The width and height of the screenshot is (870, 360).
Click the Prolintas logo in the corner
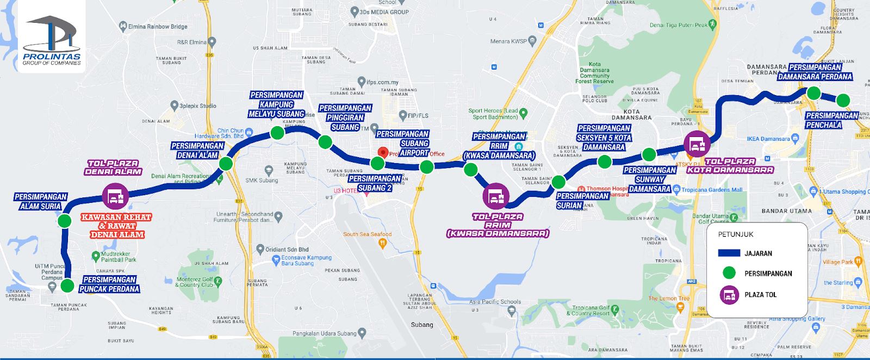click(x=52, y=41)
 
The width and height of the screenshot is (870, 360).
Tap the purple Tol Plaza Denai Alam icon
click(x=115, y=196)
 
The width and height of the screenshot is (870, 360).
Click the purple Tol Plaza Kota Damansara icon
click(x=697, y=144)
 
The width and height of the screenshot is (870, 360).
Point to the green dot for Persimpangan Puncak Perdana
click(x=67, y=285)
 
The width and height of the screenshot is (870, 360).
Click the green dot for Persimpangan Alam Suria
click(x=64, y=221)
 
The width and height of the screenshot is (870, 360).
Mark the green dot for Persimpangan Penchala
click(x=843, y=100)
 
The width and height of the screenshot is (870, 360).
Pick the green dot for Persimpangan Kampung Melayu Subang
click(x=277, y=133)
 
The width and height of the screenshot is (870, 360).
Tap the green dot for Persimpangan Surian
click(x=558, y=182)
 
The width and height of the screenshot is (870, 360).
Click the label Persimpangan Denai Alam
click(x=197, y=151)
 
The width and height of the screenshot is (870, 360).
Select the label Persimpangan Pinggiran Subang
click(x=345, y=117)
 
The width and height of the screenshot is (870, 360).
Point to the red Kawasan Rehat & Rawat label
click(x=117, y=226)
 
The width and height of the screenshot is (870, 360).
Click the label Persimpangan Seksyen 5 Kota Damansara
click(x=604, y=138)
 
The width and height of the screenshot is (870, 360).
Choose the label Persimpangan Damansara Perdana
click(x=815, y=72)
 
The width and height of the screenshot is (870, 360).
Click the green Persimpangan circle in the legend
click(x=729, y=273)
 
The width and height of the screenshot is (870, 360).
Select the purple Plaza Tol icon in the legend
click(x=729, y=295)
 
